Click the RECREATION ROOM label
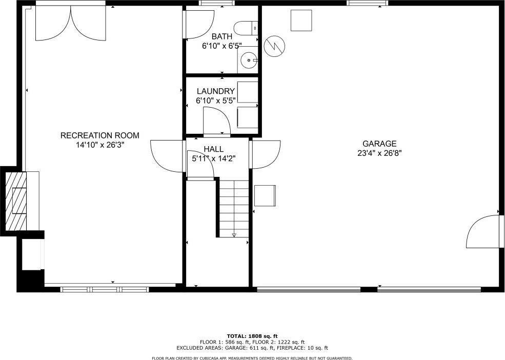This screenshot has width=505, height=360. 99,135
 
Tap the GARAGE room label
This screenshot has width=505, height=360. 379,144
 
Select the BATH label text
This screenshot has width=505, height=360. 222,36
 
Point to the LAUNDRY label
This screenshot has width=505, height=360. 215,91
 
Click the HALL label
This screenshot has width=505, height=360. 213,149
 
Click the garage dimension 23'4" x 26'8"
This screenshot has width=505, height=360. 379,152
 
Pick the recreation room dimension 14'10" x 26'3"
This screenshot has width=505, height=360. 99,145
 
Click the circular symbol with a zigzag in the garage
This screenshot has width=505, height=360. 274,46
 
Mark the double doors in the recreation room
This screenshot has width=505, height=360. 71,23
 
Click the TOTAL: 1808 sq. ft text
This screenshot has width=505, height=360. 252,335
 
